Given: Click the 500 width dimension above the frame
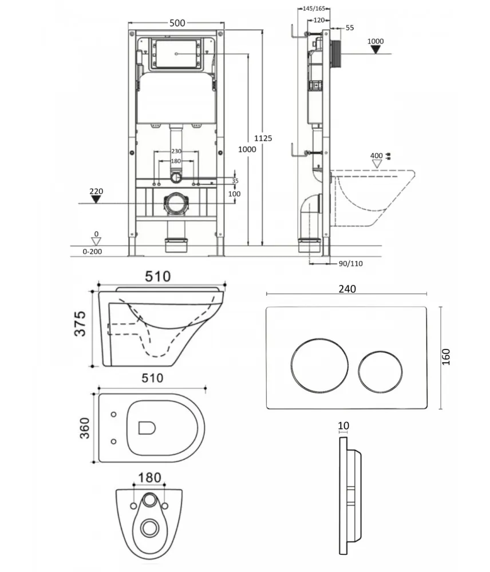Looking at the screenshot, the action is [177, 23].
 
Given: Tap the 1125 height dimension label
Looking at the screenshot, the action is [263, 138].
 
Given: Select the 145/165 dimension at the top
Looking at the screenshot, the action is [314, 9].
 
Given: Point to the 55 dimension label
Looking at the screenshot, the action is [349, 27].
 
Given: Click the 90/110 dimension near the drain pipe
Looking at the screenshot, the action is [350, 263].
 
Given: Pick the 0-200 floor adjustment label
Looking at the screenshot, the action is [92, 251].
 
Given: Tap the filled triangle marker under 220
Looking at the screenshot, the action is [96, 199].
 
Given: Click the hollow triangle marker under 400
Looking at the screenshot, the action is [377, 164].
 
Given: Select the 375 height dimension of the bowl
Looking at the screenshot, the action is [80, 323].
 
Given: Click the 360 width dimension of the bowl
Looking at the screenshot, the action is [84, 428].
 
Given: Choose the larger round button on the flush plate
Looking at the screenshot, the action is [319, 366].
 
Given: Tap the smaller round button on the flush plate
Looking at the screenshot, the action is [380, 372].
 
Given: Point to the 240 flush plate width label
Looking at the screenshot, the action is [347, 289].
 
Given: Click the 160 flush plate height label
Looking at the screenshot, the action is [446, 357].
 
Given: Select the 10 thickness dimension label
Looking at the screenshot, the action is [343, 426].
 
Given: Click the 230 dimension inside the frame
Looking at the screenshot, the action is [176, 151].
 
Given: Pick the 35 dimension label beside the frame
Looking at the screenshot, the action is [235, 181].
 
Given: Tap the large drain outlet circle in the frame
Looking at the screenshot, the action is [176, 203].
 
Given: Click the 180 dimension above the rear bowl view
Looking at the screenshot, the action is [150, 478].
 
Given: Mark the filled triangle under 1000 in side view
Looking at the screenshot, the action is [376, 49].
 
